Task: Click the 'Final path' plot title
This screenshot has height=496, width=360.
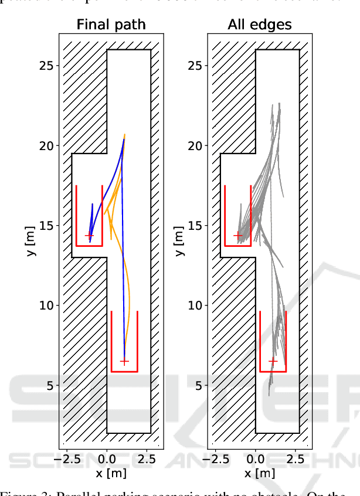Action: (111, 25)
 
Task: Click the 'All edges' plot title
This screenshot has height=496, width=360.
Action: (260, 25)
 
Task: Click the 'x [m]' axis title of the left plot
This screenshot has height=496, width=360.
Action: (110, 473)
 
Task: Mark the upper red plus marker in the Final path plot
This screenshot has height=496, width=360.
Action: (89, 236)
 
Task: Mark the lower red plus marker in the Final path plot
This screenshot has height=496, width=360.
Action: (124, 361)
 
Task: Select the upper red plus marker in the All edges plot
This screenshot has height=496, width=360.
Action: (238, 236)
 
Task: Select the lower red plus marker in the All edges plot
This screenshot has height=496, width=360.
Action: (273, 361)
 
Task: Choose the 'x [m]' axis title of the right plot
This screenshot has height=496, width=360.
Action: (259, 473)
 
